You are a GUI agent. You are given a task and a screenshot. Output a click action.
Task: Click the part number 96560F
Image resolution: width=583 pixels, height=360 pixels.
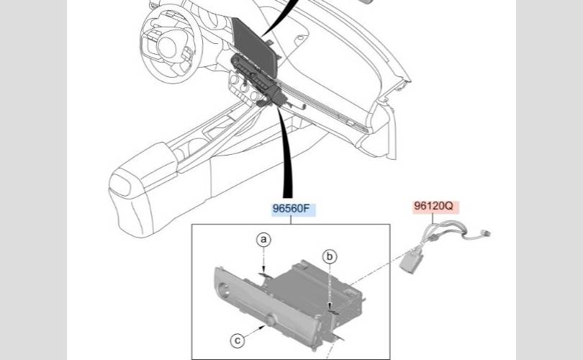tap(291, 209)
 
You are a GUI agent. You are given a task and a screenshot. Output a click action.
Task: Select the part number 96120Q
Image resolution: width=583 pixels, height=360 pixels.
tap(434, 206)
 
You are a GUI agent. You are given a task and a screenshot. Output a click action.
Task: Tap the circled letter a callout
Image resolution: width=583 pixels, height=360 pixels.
tap(263, 240)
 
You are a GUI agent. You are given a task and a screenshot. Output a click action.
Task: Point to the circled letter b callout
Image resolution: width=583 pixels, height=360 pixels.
tap(330, 256)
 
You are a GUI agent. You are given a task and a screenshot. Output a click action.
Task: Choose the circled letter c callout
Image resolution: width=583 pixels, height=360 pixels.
tap(238, 341)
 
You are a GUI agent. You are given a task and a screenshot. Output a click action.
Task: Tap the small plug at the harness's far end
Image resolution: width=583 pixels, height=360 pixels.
tap(486, 233)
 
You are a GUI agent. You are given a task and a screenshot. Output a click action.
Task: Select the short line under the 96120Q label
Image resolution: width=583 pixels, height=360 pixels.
tap(433, 217)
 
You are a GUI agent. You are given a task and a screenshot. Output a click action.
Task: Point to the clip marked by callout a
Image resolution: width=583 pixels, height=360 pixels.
tap(264, 275)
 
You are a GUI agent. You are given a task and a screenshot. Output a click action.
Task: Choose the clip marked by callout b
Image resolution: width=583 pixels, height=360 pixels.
tap(333, 309)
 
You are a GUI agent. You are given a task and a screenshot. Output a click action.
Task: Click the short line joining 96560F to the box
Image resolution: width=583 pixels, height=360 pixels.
tap(291, 220)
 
